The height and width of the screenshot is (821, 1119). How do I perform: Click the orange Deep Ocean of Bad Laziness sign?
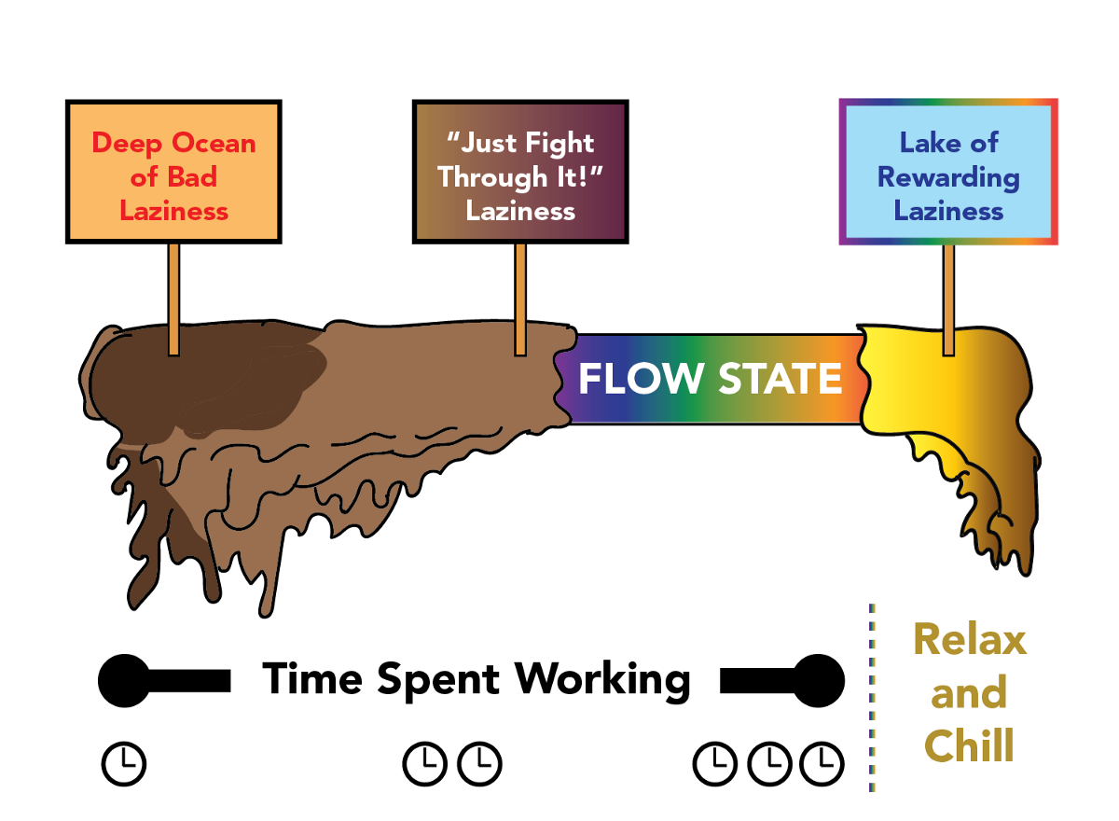[x=173, y=174]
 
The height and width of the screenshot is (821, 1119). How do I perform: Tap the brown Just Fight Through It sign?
[x=520, y=174]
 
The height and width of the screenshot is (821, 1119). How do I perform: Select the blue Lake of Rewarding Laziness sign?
[x=948, y=174]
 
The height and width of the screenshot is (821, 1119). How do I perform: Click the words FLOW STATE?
[x=711, y=380]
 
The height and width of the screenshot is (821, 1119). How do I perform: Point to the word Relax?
[x=970, y=640]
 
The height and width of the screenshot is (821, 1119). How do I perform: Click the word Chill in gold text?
[x=969, y=746]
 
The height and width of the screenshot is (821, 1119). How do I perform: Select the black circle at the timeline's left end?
[x=124, y=681]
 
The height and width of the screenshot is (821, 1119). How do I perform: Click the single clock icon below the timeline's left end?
[x=124, y=764]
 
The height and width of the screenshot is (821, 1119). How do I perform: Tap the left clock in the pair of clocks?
[x=425, y=764]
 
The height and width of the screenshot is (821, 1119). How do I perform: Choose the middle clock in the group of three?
[x=769, y=764]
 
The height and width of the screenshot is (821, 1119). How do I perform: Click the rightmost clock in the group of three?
[x=822, y=764]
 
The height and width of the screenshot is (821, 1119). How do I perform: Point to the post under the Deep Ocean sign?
[x=173, y=299]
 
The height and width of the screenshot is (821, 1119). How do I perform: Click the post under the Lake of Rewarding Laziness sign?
[x=948, y=299]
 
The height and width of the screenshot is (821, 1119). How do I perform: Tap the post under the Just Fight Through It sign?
[x=520, y=299]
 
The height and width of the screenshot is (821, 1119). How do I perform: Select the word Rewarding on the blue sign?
[x=948, y=176]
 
